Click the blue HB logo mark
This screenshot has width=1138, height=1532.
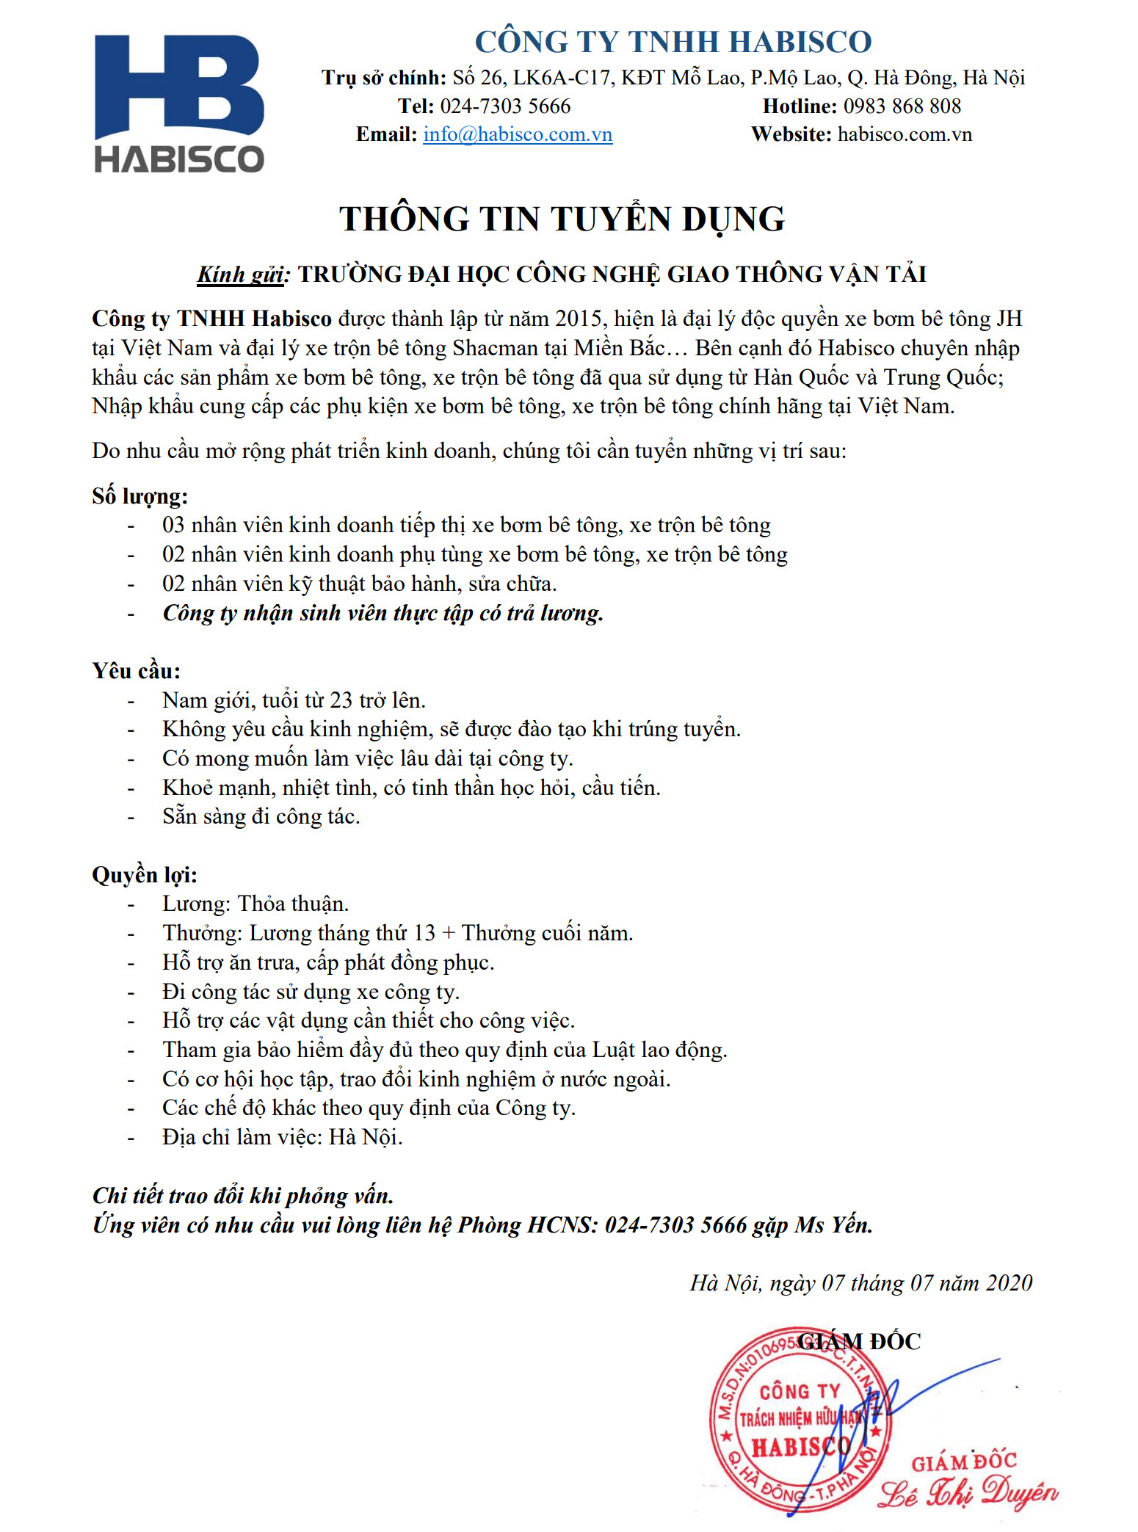click(x=178, y=86)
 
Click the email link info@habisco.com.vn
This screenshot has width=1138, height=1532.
click(x=518, y=134)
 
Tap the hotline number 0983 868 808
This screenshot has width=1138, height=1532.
click(x=902, y=106)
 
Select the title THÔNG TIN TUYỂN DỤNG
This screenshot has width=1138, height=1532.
click(x=562, y=219)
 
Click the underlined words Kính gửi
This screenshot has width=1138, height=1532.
click(x=241, y=275)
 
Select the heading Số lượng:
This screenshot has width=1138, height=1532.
click(x=139, y=496)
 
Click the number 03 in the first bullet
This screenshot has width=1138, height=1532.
click(x=173, y=525)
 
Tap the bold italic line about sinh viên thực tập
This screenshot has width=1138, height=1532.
click(x=383, y=613)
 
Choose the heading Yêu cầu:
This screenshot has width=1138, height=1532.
click(x=136, y=671)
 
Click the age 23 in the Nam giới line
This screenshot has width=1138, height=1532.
click(x=341, y=700)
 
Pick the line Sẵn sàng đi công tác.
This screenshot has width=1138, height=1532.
click(x=261, y=816)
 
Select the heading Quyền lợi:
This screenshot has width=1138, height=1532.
click(x=145, y=875)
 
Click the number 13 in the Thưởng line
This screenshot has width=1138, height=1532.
click(x=424, y=933)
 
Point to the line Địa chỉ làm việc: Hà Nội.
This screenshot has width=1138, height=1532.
click(x=282, y=1137)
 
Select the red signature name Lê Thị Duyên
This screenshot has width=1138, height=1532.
click(x=968, y=1492)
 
